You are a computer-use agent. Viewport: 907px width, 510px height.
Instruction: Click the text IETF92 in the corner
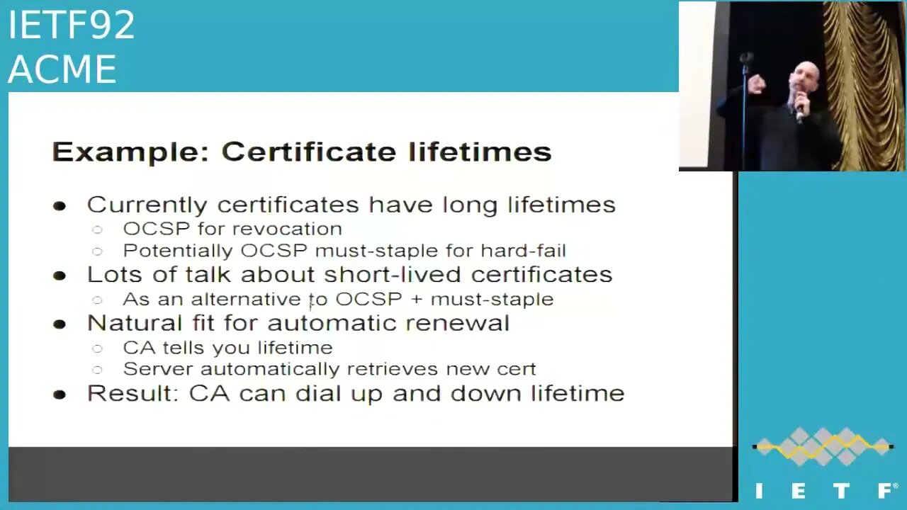[72, 25]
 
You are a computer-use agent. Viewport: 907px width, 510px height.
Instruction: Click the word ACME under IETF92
[62, 69]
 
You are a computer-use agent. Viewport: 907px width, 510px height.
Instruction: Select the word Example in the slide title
[130, 152]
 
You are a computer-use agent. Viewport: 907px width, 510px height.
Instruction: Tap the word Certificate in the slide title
[308, 152]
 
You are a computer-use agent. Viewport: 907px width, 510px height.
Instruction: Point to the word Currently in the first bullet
[147, 205]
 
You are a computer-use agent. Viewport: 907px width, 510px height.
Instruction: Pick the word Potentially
[178, 251]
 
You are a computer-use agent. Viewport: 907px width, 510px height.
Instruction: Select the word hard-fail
[523, 251]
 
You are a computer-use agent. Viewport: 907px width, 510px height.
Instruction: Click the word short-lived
[393, 274]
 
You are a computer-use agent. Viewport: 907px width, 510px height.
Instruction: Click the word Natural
[135, 323]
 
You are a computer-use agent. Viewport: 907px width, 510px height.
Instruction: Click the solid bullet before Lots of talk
[60, 276]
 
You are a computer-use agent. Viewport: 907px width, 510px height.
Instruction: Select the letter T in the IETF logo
[841, 491]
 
